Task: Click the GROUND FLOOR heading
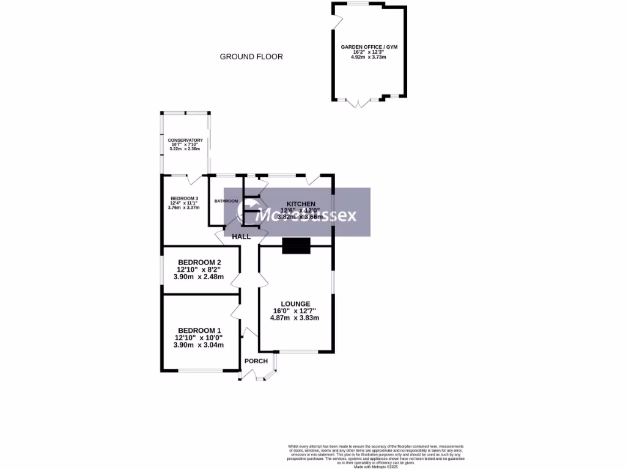pyautogui.click(x=251, y=57)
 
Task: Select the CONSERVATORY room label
pyautogui.click(x=185, y=140)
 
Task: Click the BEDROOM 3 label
pyautogui.click(x=184, y=198)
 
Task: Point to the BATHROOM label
pyautogui.click(x=226, y=201)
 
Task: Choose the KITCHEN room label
pyautogui.click(x=301, y=204)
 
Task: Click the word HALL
pyautogui.click(x=241, y=236)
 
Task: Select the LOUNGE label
pyautogui.click(x=295, y=304)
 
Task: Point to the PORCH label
pyautogui.click(x=256, y=361)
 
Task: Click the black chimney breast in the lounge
pyautogui.click(x=296, y=246)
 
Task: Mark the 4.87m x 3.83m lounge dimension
pyautogui.click(x=296, y=318)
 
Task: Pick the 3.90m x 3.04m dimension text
pyautogui.click(x=199, y=344)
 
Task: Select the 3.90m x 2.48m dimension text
pyautogui.click(x=199, y=277)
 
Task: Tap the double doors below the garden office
pyautogui.click(x=359, y=103)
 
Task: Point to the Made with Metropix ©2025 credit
pyautogui.click(x=376, y=467)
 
